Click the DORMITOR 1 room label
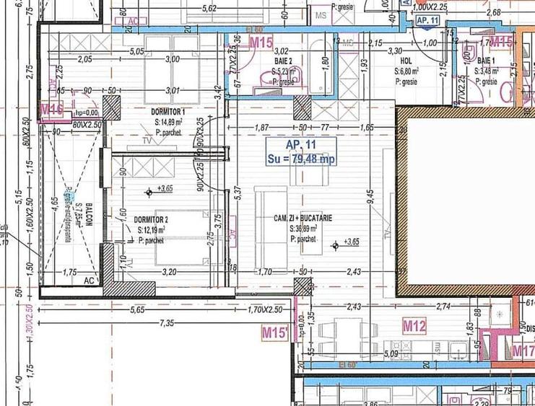(x=168, y=112)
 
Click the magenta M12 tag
(x=414, y=327)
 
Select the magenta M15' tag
(x=275, y=332)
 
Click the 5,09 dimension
(x=392, y=354)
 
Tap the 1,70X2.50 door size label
(x=266, y=311)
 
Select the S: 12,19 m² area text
(x=152, y=230)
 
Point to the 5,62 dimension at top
(x=210, y=9)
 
